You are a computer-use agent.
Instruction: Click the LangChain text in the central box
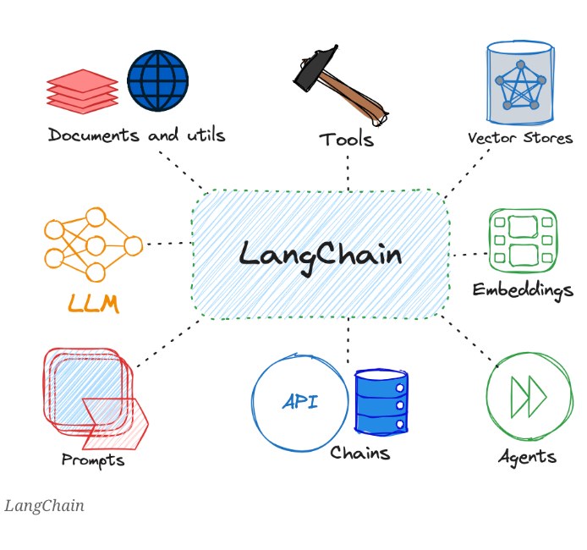click(x=320, y=254)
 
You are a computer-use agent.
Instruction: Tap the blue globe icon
click(x=157, y=80)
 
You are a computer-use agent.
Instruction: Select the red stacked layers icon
click(x=82, y=91)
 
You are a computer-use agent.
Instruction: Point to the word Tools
click(x=346, y=140)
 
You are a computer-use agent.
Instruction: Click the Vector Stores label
click(x=519, y=138)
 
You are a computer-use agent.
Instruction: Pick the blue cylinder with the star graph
click(x=520, y=83)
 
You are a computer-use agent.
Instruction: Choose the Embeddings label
click(x=522, y=289)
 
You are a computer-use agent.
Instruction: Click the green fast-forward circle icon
click(x=529, y=396)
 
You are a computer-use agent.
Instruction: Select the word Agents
click(x=527, y=457)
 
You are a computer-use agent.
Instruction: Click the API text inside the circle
click(x=300, y=402)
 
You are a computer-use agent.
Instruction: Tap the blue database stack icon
click(x=381, y=402)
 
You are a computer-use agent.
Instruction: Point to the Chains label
click(x=359, y=453)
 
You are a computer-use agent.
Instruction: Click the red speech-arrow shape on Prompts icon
click(x=116, y=421)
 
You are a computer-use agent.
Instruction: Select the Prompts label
click(x=92, y=460)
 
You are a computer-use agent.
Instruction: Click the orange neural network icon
click(x=92, y=245)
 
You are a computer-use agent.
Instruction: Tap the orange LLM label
click(x=92, y=303)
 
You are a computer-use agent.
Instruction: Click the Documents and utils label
click(x=136, y=135)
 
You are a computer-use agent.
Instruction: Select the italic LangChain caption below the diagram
click(x=44, y=506)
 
